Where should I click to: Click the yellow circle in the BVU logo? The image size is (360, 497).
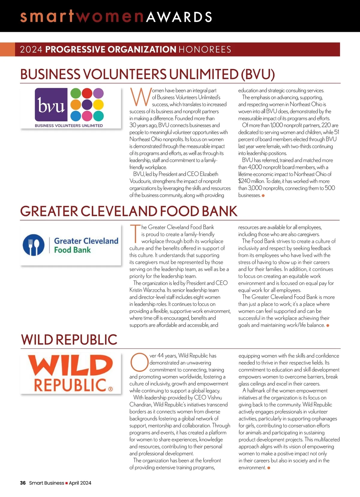(x=98, y=104)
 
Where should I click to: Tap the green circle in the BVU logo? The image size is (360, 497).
(x=76, y=93)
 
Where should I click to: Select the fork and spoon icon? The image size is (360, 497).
(x=34, y=245)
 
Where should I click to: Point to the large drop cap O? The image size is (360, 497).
(x=139, y=362)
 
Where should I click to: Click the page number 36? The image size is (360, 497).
(x=23, y=483)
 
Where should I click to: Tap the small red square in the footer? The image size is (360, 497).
(x=67, y=483)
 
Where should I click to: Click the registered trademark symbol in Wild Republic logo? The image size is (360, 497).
(x=110, y=389)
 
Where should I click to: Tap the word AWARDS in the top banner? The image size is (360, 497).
(x=179, y=17)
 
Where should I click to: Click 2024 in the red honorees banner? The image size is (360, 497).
(x=31, y=49)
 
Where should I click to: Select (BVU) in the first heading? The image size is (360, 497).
(x=258, y=74)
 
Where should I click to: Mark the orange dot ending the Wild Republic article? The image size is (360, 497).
(x=269, y=468)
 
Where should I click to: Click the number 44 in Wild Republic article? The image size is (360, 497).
(x=160, y=356)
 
